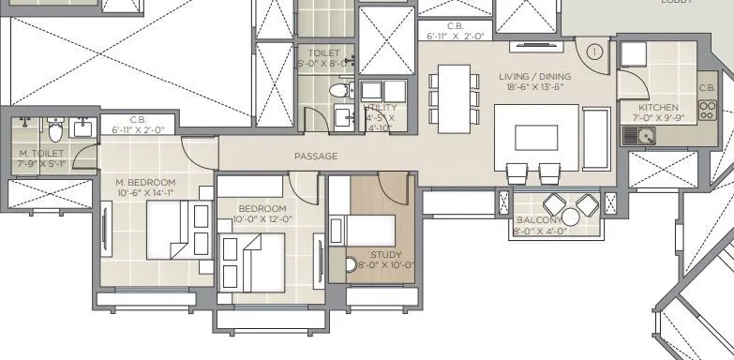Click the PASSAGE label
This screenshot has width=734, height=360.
315,157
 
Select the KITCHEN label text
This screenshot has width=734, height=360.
658,108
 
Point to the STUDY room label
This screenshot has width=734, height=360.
385,254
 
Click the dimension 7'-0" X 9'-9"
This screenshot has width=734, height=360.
659,119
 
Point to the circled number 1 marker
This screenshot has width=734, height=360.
595,52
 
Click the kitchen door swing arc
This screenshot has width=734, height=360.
629,82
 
